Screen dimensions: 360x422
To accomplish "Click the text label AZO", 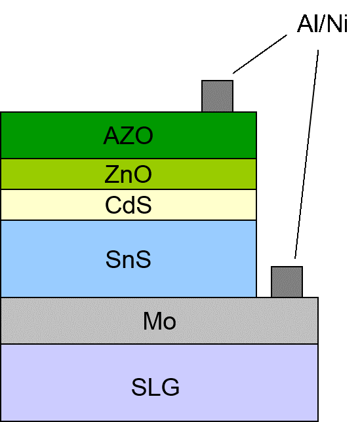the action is click(x=128, y=136).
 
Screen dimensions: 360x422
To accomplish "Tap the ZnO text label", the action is click(x=128, y=174).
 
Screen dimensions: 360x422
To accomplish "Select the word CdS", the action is click(x=128, y=205).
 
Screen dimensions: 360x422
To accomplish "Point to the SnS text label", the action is click(x=128, y=259).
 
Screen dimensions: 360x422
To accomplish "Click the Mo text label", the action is click(x=159, y=321).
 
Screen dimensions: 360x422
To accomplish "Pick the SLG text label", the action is click(x=155, y=387).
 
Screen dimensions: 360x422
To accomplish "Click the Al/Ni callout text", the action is click(x=322, y=24).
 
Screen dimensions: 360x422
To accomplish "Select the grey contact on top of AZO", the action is click(x=217, y=96).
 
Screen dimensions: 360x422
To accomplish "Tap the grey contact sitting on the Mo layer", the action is click(x=287, y=282).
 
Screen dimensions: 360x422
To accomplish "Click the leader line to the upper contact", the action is click(x=260, y=54).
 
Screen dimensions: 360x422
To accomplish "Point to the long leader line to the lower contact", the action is click(x=307, y=154).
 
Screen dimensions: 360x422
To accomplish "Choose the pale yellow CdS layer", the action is click(x=129, y=205).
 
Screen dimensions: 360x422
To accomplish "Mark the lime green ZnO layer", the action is click(x=129, y=174).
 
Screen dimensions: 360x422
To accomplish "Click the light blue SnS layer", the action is click(x=129, y=259).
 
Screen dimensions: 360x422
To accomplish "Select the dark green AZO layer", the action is click(x=129, y=135).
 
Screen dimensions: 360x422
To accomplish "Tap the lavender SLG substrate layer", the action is click(x=159, y=383).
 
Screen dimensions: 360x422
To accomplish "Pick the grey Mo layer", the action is click(x=159, y=320).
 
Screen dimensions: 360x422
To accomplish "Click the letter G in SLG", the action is click(x=170, y=387).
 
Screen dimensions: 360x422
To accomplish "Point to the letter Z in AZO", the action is click(x=127, y=136).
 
